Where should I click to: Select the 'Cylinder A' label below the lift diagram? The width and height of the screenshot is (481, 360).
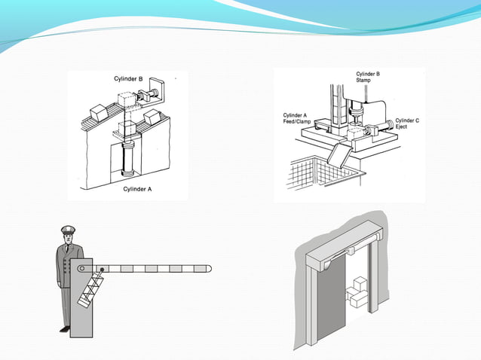138,190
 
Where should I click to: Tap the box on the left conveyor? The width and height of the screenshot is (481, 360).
99,112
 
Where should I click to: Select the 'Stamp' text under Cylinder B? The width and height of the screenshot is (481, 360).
364,80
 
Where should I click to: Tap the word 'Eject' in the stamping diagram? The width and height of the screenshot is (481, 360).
402,127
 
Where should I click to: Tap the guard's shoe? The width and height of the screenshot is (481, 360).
65,328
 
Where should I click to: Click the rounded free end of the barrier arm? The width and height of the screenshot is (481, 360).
208,268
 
